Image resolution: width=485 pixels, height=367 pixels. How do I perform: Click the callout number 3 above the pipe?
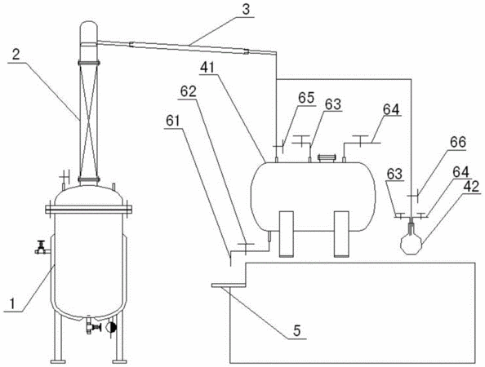pos(246,9)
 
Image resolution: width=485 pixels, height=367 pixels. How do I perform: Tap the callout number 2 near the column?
pos(16,54)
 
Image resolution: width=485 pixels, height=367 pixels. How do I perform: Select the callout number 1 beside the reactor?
pos(12,304)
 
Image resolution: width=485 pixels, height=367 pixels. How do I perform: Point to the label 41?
pos(207,68)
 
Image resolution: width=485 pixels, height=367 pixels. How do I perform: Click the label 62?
pos(189,91)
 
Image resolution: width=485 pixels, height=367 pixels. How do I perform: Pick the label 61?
pos(172,121)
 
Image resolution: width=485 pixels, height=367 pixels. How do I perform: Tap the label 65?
pos(306,98)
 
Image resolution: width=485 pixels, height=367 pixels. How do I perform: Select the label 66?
pos(458,143)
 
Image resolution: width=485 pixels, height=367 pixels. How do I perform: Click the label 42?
pos(471,186)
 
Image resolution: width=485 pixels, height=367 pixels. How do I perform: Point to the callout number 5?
pos(296,331)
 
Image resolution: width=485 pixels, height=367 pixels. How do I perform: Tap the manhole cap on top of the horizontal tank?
pos(326,158)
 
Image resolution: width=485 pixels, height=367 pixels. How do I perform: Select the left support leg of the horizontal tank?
pos(286,234)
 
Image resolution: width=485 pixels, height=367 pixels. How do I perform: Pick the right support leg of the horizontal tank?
pos(341,234)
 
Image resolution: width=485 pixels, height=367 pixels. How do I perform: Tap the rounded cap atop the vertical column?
pos(89,32)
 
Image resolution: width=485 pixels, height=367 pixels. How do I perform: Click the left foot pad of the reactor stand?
pos(58,361)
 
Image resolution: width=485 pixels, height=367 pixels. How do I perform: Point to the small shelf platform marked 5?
pos(229,285)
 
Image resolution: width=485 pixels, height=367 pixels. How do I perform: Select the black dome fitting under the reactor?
pos(111,327)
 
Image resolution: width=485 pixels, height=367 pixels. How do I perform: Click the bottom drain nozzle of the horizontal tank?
pos(269,236)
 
